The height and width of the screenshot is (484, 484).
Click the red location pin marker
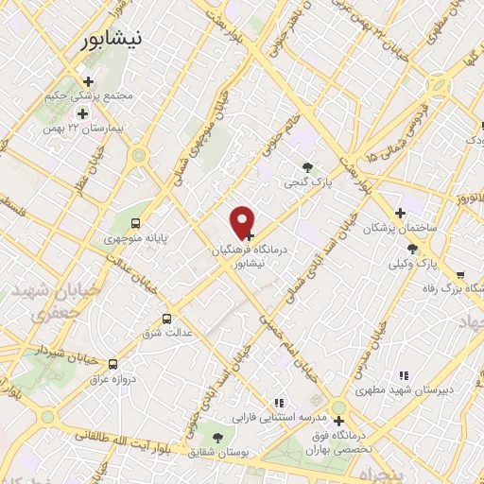243,222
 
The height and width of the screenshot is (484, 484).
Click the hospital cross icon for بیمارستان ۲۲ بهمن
82,113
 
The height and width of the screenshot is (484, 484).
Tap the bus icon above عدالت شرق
168,319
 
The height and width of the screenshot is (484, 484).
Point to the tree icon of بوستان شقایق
218,437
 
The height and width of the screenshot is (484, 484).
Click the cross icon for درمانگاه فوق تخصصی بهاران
338,421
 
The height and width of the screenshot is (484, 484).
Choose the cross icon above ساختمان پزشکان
400,213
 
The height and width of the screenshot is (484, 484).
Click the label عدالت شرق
167,333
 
